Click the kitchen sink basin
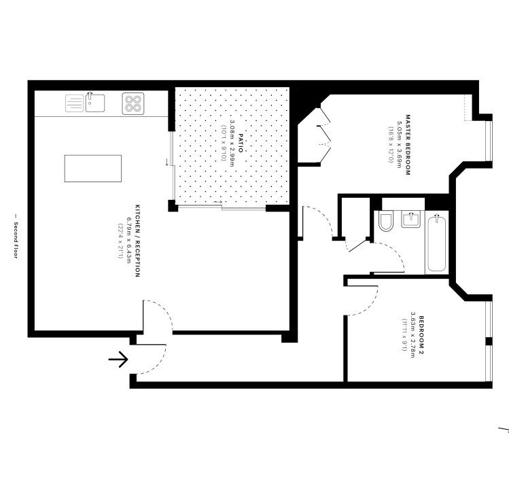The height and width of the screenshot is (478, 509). pyautogui.click(x=95, y=103)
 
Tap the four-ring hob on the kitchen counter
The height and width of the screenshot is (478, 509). pyautogui.click(x=133, y=103)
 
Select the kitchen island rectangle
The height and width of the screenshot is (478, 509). pyautogui.click(x=92, y=169)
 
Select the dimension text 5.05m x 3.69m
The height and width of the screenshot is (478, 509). pyautogui.click(x=399, y=144)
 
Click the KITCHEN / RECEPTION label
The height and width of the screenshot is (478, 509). pyautogui.click(x=137, y=241)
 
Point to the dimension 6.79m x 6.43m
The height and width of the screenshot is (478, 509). pyautogui.click(x=128, y=241)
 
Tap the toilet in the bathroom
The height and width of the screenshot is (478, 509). pyautogui.click(x=386, y=222)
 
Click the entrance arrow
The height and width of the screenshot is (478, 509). pyautogui.click(x=118, y=358)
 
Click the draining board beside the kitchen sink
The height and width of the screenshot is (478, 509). pyautogui.click(x=75, y=103)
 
